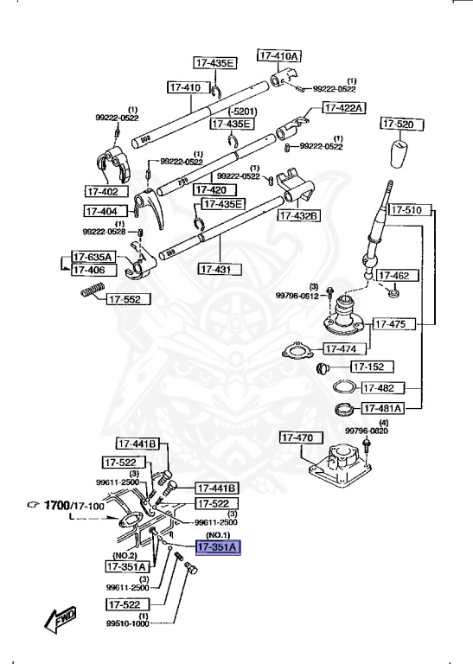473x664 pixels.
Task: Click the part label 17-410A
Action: (x=279, y=55)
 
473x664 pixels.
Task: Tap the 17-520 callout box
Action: (x=400, y=124)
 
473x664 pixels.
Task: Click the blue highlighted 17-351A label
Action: (x=218, y=547)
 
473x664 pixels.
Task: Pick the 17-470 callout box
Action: (x=300, y=438)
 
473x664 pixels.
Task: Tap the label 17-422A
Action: (x=344, y=108)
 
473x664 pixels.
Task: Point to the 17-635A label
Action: (x=92, y=257)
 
